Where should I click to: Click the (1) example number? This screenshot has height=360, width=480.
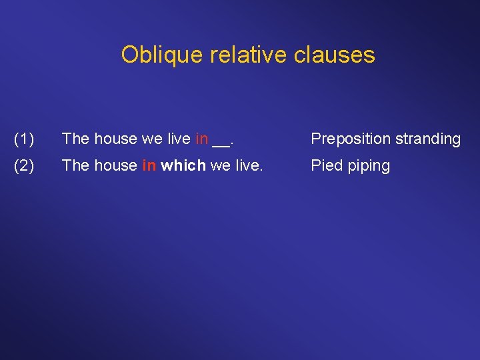pos(24,139)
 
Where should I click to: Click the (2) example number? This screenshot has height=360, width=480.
pos(24,166)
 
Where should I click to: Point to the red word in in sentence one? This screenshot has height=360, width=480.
pos(201,139)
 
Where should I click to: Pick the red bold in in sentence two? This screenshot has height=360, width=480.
pos(149,165)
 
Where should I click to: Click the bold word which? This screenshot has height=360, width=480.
pos(183,165)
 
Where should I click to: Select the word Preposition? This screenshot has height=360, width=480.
pos(351,139)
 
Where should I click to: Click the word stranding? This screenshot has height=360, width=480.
pos(427,139)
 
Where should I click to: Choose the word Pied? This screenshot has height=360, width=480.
pos(327,165)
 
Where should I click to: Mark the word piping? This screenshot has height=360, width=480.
pos(369,166)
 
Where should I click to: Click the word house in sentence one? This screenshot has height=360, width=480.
pos(115,139)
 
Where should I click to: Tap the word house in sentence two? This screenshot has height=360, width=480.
pos(115,165)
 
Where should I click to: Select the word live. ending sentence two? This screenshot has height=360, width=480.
pos(247,165)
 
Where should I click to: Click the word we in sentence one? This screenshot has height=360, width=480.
pos(151,139)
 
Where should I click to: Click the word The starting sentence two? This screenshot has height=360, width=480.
pos(75,165)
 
